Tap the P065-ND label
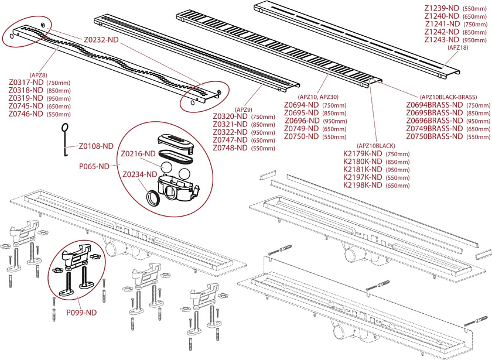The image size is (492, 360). coord(95,166)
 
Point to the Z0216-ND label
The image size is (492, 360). coord(138,153)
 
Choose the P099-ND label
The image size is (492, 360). coord(81,313)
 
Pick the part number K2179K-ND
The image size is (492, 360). coord(363,153)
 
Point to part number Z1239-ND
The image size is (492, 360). coord(443,9)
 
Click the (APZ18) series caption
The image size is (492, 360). coord(457,48)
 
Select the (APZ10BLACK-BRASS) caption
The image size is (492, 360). coord(448,97)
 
